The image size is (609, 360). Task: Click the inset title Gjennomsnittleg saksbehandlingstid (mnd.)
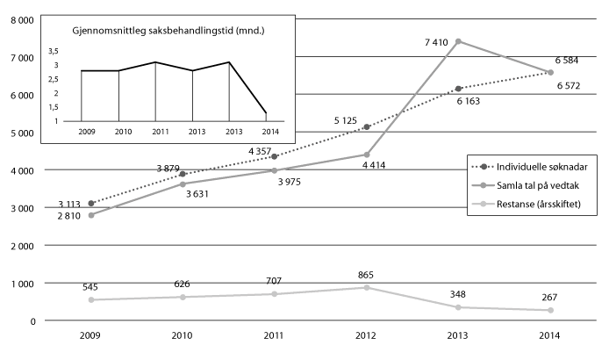(169, 32)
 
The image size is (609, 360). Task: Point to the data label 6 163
(474, 102)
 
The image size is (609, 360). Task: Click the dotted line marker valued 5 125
(366, 127)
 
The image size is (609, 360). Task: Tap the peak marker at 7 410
(458, 41)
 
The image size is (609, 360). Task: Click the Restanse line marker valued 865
(366, 287)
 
